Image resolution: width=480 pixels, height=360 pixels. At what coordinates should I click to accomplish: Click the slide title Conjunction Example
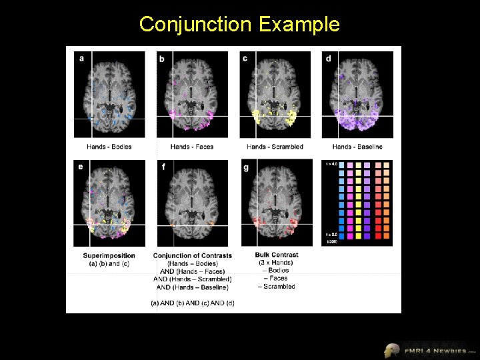[239, 25]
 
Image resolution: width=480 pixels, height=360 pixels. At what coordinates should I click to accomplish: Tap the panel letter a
[82, 58]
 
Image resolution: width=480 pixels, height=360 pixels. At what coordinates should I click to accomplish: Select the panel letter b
[162, 59]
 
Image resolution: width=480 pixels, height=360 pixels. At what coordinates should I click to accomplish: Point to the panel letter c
[245, 58]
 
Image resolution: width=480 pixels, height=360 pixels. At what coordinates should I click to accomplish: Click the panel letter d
[328, 58]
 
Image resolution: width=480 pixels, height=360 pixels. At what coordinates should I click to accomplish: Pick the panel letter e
[81, 167]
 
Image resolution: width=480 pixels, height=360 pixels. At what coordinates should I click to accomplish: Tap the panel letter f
[163, 167]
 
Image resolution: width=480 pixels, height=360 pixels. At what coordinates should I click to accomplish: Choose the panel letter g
[245, 167]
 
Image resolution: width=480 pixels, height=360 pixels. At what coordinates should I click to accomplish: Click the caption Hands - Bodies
[109, 147]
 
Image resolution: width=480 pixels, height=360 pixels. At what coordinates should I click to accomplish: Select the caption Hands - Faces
[192, 147]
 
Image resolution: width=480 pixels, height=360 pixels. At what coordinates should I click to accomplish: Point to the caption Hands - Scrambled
[275, 147]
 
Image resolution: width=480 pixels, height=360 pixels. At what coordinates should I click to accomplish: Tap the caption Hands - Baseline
[357, 147]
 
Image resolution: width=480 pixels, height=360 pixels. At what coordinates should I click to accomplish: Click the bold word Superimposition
[109, 255]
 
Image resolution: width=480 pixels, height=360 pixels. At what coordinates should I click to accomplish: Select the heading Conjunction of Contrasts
[193, 255]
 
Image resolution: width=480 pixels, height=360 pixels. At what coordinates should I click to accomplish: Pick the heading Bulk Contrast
[277, 255]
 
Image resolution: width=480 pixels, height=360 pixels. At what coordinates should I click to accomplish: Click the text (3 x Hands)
[277, 262]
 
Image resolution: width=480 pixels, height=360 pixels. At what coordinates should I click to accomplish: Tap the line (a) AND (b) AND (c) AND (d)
[193, 303]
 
